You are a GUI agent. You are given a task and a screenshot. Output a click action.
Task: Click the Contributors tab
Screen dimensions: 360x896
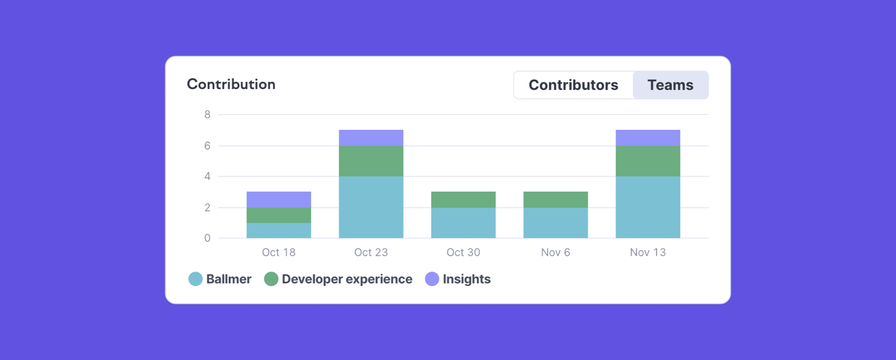pyautogui.click(x=573, y=85)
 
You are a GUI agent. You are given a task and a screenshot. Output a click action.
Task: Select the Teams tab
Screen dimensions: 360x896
pyautogui.click(x=670, y=85)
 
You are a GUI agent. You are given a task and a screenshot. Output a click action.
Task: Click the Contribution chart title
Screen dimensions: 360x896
pyautogui.click(x=231, y=84)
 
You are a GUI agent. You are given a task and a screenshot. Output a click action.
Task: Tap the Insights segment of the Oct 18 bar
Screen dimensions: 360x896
pyautogui.click(x=279, y=200)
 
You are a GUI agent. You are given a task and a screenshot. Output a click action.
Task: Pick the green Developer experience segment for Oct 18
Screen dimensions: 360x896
pyautogui.click(x=279, y=215)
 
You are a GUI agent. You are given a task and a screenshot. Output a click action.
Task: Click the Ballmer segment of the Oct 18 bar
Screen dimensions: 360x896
pyautogui.click(x=279, y=231)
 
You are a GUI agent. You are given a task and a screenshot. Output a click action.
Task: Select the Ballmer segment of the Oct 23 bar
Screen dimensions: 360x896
pyautogui.click(x=371, y=207)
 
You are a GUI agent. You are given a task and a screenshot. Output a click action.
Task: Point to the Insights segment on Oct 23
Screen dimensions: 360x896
pyautogui.click(x=371, y=138)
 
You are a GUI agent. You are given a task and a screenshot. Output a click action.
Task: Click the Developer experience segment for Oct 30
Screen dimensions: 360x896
pyautogui.click(x=463, y=200)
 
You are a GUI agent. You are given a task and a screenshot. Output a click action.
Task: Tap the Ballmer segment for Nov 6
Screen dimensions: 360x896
pyautogui.click(x=556, y=223)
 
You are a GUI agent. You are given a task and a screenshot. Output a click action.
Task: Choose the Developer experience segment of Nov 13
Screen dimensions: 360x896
pyautogui.click(x=648, y=161)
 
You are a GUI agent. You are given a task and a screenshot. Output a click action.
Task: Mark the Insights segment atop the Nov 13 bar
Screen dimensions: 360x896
pyautogui.click(x=648, y=138)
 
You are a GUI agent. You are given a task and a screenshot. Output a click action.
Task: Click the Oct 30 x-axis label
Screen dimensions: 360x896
pyautogui.click(x=463, y=253)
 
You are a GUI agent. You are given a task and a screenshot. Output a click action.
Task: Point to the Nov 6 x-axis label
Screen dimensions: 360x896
pyautogui.click(x=556, y=253)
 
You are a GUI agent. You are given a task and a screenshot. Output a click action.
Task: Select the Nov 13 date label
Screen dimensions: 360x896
pyautogui.click(x=648, y=253)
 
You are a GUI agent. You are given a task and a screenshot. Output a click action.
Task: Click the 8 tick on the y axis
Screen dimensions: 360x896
pyautogui.click(x=207, y=115)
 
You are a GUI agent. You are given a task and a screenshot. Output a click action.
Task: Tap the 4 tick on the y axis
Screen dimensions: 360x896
pyautogui.click(x=207, y=176)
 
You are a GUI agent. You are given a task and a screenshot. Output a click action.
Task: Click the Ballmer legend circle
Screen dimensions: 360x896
pyautogui.click(x=195, y=279)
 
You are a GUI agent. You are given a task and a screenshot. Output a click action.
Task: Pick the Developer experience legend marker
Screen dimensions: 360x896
pyautogui.click(x=271, y=279)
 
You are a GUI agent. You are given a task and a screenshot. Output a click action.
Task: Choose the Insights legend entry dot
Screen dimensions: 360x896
pyautogui.click(x=432, y=279)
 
